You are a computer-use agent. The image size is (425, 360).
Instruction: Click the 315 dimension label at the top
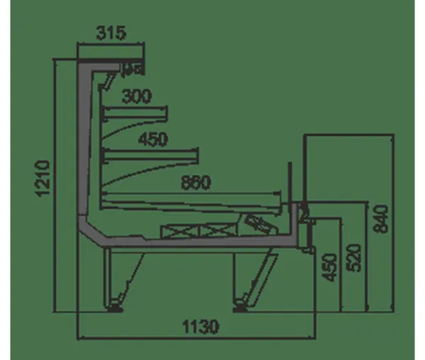point(111,33)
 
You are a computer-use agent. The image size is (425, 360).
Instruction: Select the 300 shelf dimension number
point(136,96)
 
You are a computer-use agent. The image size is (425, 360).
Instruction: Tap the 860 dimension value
point(195,182)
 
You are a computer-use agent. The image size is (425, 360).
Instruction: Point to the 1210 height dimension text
point(42,179)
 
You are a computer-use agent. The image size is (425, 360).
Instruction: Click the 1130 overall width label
point(200,327)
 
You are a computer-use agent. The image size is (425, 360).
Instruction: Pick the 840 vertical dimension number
point(380,219)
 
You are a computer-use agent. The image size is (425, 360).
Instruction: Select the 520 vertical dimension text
point(354,258)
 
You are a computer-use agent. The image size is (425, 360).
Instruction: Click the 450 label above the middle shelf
point(153,140)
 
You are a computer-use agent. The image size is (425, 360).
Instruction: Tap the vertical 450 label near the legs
point(329,268)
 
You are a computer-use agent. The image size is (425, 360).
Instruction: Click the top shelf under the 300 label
point(135,113)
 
